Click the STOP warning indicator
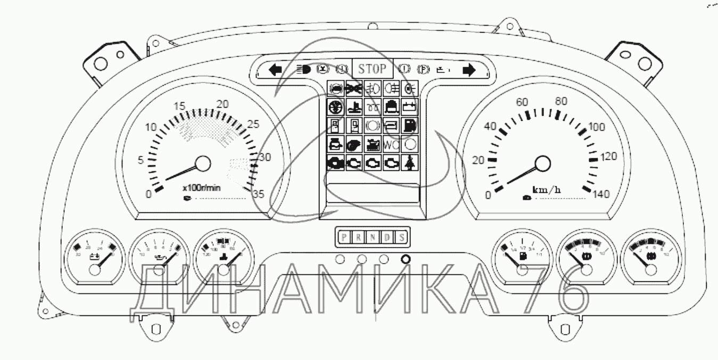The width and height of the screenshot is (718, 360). [372, 69]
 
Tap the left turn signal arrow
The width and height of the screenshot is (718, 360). [275, 70]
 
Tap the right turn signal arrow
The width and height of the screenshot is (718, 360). [468, 70]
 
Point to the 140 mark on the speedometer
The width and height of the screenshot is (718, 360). [601, 194]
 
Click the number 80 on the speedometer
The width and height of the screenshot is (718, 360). [560, 101]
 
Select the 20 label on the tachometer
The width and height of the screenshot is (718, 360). [223, 104]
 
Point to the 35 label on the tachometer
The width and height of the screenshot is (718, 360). [258, 194]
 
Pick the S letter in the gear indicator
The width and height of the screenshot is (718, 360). [402, 238]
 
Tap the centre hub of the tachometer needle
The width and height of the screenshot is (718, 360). [203, 163]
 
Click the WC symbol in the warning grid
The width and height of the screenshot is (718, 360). [392, 144]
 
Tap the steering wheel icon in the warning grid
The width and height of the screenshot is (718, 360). [336, 107]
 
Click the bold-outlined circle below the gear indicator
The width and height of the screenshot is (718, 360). [405, 259]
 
